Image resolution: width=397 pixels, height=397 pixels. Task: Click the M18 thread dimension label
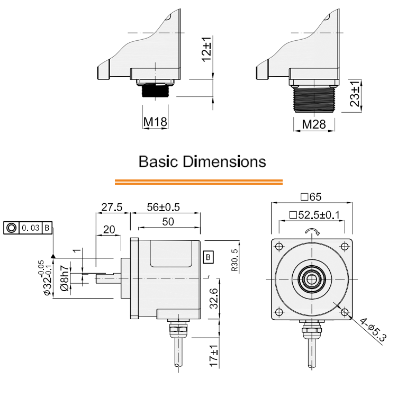click(x=156, y=123)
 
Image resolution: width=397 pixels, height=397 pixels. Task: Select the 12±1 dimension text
click(x=206, y=49)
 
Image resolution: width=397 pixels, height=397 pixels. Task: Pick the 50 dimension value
click(x=168, y=222)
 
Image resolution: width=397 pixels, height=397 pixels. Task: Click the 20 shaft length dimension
click(x=110, y=229)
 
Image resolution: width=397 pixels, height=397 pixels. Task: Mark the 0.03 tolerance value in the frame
click(x=31, y=228)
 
